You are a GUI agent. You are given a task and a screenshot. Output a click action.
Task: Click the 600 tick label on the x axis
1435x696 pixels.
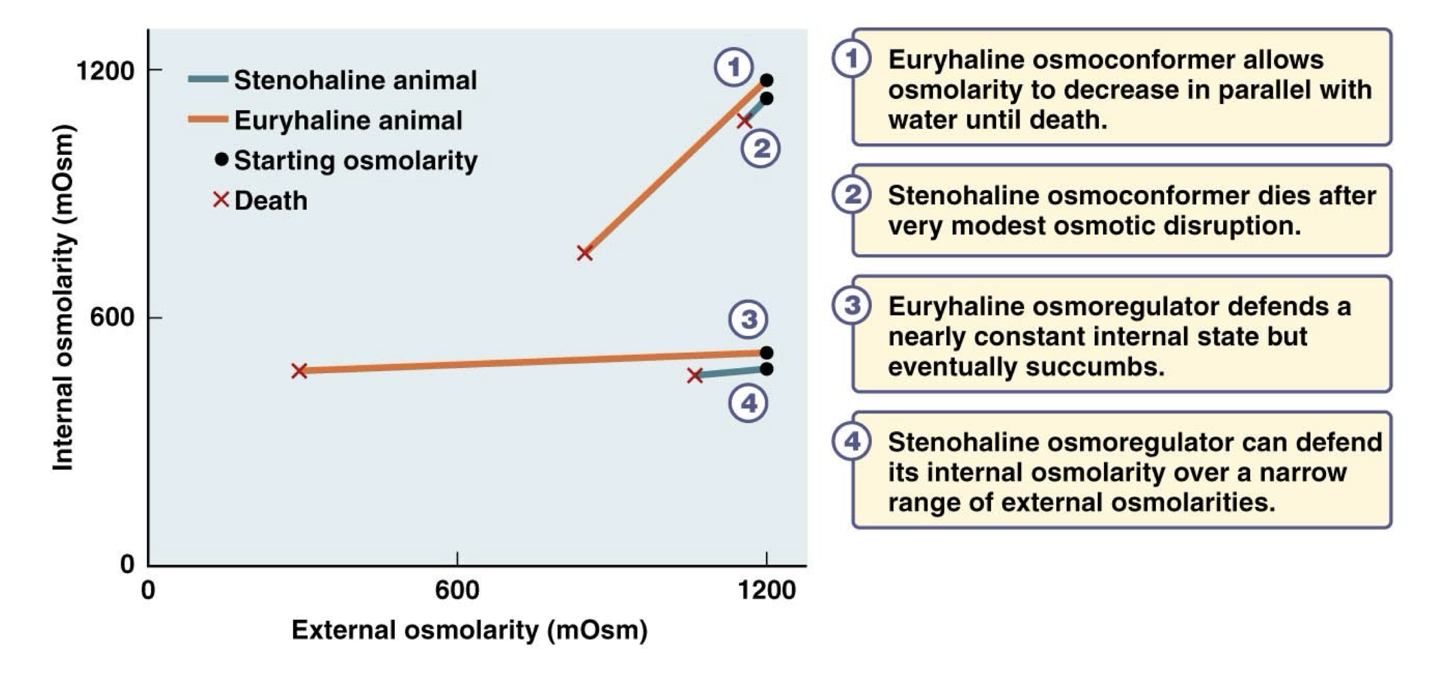(x=457, y=591)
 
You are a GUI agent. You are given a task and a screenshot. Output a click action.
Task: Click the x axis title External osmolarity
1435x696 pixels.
(x=469, y=630)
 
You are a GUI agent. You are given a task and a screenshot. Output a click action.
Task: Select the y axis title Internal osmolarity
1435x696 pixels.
(x=63, y=298)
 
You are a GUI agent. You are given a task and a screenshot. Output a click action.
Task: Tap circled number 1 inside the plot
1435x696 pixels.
(x=733, y=67)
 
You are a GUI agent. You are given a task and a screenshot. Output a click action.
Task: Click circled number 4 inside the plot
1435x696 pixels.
(x=748, y=403)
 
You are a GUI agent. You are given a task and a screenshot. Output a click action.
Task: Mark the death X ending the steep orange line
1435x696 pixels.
(x=585, y=253)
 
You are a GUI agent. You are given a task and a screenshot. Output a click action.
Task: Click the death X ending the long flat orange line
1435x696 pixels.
(x=299, y=371)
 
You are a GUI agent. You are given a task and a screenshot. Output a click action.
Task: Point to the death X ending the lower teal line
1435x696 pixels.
(x=694, y=376)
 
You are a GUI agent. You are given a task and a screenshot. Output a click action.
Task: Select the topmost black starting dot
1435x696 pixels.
(x=766, y=80)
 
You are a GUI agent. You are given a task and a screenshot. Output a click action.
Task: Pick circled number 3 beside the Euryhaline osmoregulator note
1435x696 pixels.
(x=852, y=305)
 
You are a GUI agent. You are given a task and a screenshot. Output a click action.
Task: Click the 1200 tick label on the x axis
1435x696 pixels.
(x=766, y=591)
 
